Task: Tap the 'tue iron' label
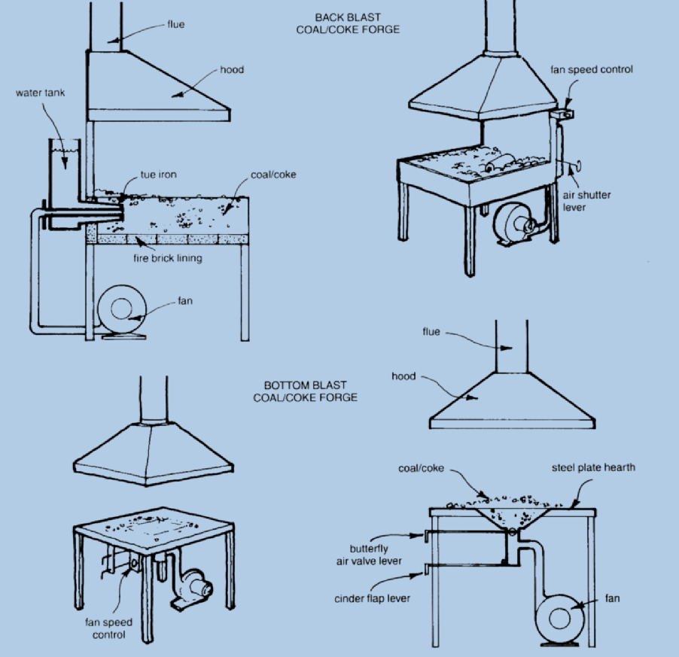(158, 175)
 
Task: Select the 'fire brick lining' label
(167, 258)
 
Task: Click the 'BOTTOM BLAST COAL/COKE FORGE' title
(305, 391)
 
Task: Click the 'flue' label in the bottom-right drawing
(431, 332)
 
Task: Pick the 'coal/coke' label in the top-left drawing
(273, 175)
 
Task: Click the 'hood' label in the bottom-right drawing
(403, 376)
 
